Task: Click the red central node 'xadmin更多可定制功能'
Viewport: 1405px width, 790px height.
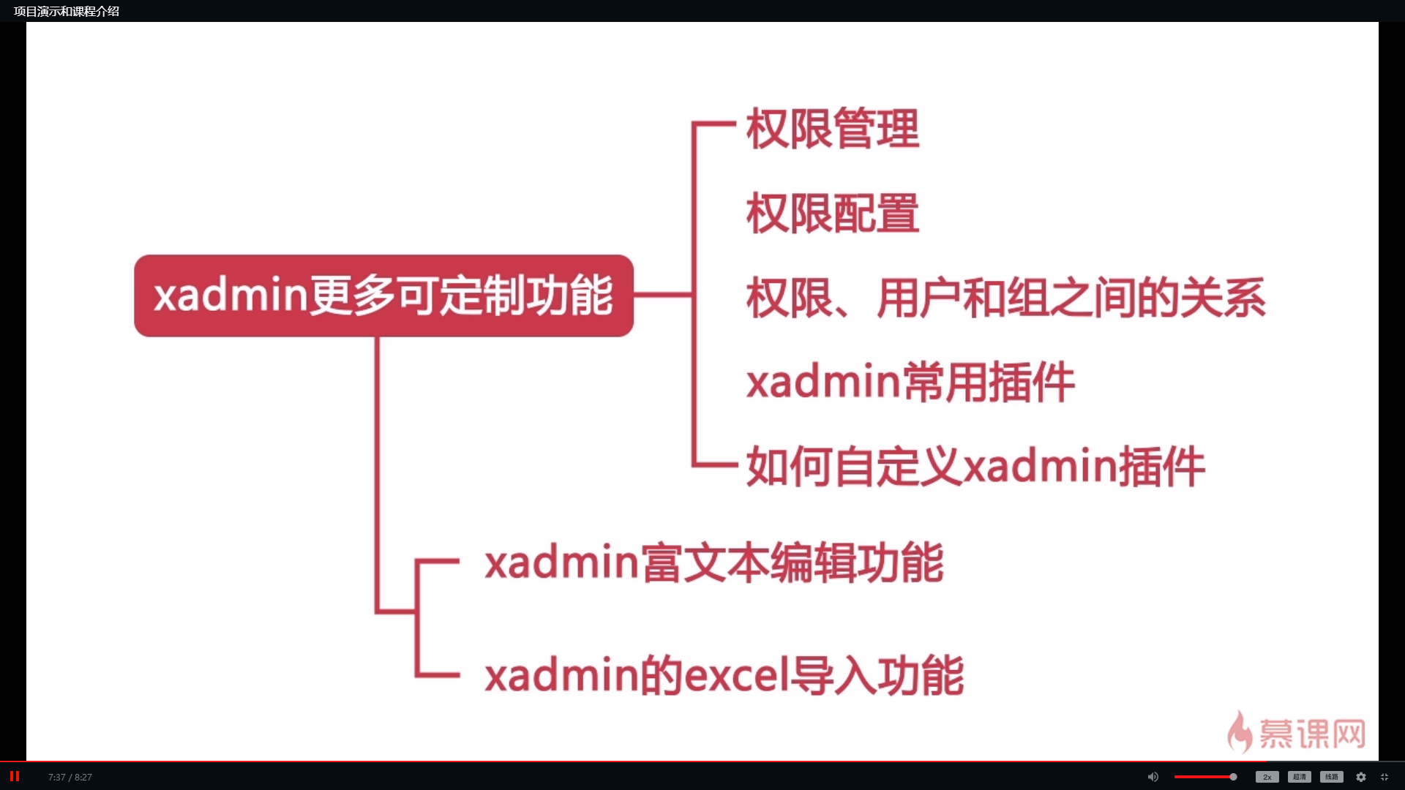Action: point(383,296)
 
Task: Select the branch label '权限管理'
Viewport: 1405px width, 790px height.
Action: point(833,129)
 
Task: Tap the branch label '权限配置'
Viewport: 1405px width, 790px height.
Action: point(833,214)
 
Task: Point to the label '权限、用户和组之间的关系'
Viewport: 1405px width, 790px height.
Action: point(1005,298)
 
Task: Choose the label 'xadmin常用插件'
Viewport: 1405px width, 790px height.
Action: point(910,382)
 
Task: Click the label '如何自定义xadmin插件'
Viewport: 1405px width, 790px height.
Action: point(975,467)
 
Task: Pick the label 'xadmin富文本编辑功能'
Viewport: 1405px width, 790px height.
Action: point(714,563)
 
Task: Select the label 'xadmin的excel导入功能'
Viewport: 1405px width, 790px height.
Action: point(724,675)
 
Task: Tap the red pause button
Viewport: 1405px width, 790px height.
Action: point(15,776)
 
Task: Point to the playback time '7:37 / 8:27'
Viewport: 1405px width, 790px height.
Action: point(70,777)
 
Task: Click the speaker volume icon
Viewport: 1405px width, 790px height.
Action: point(1153,777)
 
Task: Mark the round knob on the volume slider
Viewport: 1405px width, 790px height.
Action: point(1233,777)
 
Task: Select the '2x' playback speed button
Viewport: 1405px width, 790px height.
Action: point(1267,777)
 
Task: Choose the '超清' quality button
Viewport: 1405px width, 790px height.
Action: point(1300,777)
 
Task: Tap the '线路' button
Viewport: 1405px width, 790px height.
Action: point(1332,777)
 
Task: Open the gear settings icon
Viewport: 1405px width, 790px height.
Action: point(1361,777)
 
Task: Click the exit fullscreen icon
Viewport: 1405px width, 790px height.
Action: point(1385,777)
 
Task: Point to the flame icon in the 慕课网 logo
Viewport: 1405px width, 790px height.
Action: point(1240,732)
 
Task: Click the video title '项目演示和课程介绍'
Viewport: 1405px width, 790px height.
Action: point(67,11)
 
